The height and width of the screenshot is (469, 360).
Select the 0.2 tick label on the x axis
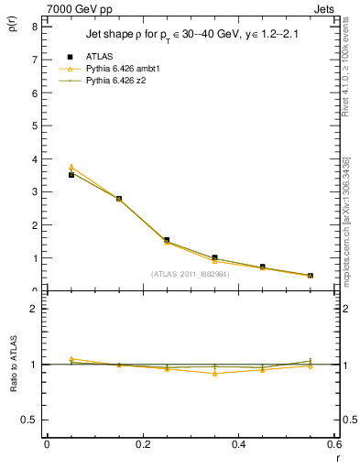tap(142, 445)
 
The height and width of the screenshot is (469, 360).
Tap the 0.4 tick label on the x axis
tap(238, 445)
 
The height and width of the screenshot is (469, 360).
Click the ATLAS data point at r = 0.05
tap(71, 174)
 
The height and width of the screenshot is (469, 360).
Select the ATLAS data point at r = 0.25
tap(167, 240)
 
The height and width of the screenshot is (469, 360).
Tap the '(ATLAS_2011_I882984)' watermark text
tap(191, 273)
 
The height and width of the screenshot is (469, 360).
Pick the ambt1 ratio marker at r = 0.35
tap(214, 373)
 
